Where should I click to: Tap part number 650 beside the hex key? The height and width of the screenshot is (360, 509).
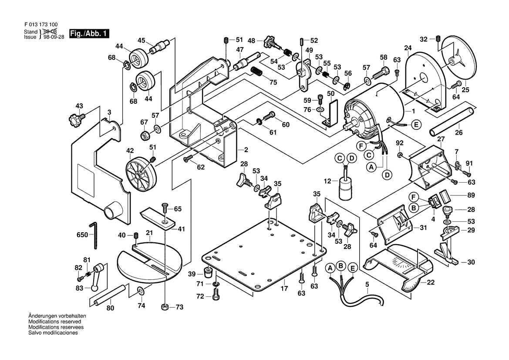82,235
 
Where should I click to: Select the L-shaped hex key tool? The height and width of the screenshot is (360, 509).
94,234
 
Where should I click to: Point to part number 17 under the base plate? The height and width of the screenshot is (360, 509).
284,288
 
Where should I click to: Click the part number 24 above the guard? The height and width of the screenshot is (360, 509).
408,48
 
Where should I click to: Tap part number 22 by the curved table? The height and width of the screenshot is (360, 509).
431,282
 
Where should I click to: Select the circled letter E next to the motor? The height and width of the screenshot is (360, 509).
416,125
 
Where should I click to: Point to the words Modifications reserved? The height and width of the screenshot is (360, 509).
54,321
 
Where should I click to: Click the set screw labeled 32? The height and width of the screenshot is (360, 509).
438,39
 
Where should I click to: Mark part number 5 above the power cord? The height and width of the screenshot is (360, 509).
367,285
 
